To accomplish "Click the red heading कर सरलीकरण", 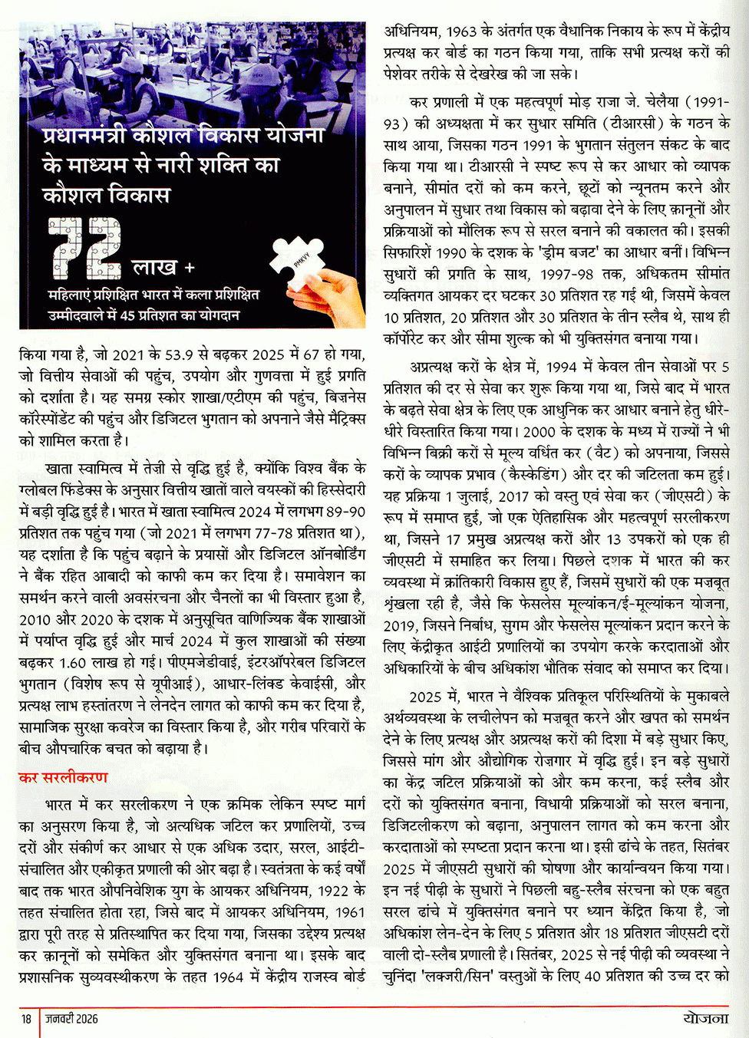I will point(64,777).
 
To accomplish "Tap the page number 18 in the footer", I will point(26,1019).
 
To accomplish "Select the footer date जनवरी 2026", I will point(71,1019).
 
